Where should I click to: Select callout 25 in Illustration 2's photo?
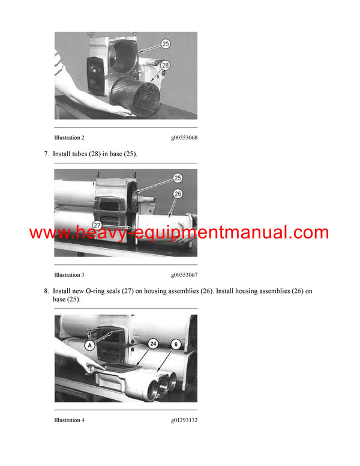coord(166,44)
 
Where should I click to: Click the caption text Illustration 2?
coord(69,138)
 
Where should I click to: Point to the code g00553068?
coord(184,138)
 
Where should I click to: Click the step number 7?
coord(46,154)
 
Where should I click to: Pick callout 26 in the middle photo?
coord(178,193)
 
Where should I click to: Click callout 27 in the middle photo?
coord(97,225)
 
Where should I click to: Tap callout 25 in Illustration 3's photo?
coord(178,178)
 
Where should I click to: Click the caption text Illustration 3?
coord(69,275)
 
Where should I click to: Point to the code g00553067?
coord(184,275)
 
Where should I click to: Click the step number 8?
coord(46,291)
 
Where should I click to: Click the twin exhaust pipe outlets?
coord(160,384)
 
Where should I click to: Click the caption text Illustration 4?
coord(69,420)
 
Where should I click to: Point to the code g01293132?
coord(184,420)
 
